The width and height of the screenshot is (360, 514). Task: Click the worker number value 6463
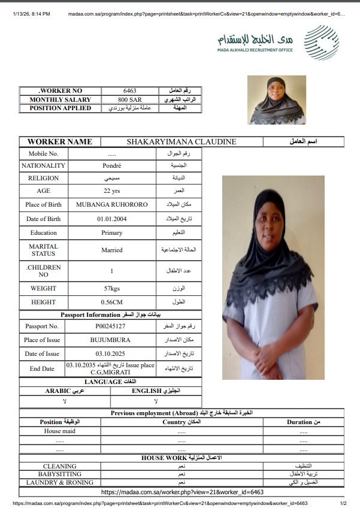pos(130,90)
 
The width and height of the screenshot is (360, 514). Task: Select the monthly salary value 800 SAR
pos(130,99)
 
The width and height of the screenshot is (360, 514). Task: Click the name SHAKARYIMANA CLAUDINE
pos(181,142)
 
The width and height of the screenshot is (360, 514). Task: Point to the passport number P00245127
pos(110,326)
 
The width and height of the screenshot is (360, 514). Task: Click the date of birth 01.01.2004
pos(112,219)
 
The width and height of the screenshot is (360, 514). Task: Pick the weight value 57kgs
pos(112,288)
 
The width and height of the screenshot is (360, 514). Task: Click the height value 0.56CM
pos(112,302)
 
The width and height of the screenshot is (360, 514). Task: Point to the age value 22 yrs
pos(112,191)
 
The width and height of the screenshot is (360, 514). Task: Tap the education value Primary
pos(112,232)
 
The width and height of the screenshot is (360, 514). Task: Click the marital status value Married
pos(112,250)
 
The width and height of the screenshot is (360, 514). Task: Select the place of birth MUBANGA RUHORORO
pos(112,204)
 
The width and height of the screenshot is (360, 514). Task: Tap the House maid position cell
pos(60,431)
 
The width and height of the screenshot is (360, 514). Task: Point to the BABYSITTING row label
pos(60,474)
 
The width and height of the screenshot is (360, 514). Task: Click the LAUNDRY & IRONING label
pos(60,482)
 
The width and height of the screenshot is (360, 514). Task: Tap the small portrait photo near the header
pos(277,99)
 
